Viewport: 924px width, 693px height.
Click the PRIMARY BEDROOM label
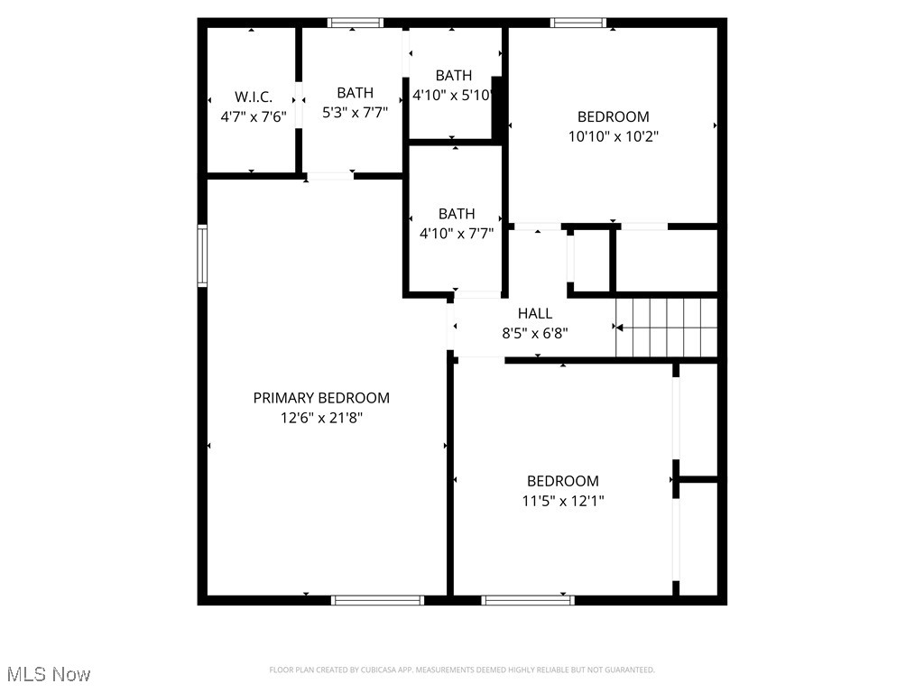coord(321,398)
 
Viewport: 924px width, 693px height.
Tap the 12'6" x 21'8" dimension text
coord(321,418)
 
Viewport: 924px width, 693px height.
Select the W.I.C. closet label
coord(253,97)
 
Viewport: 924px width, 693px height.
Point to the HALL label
coord(535,313)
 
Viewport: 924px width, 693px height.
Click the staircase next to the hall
coord(667,328)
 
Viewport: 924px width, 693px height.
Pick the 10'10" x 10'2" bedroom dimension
coord(614,136)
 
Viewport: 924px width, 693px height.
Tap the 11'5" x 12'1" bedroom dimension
coord(563,501)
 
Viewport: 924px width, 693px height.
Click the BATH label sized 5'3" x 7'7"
coord(355,92)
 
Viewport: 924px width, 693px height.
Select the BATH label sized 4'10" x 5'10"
coord(453,75)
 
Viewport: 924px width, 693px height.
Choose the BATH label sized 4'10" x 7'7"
coord(457,214)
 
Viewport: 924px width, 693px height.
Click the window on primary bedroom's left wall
coord(203,255)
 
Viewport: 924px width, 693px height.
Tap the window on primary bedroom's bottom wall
coord(377,599)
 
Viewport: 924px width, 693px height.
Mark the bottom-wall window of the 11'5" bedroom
coord(528,599)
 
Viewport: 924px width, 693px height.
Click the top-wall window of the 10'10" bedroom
coord(577,23)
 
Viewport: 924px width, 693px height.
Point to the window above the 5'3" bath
coord(355,23)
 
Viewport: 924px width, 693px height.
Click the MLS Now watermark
coord(49,674)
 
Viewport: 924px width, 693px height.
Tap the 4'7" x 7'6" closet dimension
coord(253,116)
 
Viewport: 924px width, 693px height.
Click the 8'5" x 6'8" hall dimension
coord(535,332)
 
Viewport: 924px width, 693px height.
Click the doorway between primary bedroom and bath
coord(329,176)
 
